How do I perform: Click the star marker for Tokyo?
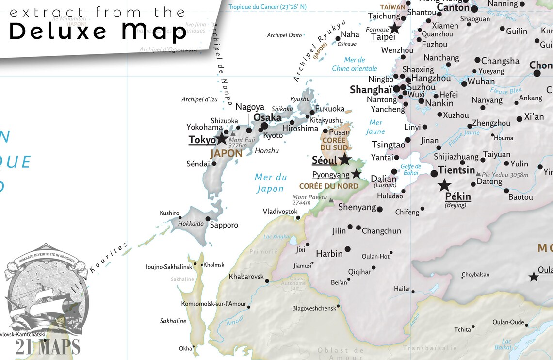pos(222,139)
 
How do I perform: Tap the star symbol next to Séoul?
pos(344,159)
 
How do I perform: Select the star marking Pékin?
pos(444,185)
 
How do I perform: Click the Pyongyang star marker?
pos(356,174)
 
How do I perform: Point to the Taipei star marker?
pos(395,29)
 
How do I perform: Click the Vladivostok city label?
pos(280,212)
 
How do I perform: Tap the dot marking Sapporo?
pos(208,218)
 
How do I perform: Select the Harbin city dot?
pos(347,249)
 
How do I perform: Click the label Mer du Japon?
pos(270,183)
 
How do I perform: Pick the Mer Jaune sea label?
pos(375,127)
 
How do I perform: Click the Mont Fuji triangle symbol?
pos(233,134)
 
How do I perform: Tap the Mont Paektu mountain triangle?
pos(331,200)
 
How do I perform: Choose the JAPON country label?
pos(226,153)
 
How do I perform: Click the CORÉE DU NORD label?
pos(328,186)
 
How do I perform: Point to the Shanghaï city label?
pos(371,90)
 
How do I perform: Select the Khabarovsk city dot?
pos(267,280)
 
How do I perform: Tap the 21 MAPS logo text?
pos(48,347)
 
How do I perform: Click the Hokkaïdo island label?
pos(191,224)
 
